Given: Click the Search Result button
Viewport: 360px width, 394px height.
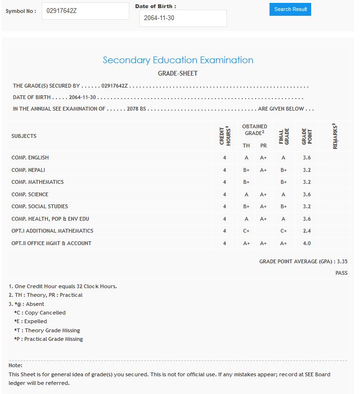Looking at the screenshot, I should pos(290,9).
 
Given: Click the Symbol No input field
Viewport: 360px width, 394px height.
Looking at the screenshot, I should pos(85,11).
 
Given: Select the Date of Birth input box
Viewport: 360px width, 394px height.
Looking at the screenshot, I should pos(183,18).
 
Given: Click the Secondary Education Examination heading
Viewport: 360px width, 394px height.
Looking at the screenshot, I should pos(178,60).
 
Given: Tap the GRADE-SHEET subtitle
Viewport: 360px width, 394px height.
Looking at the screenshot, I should pos(178,74).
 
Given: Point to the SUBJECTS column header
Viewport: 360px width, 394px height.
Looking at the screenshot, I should pos(24,136).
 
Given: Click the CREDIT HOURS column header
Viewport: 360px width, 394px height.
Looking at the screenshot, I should pos(225,136).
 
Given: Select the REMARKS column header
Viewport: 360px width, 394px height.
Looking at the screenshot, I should pos(335,136).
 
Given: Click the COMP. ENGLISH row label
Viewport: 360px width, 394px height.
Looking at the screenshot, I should pos(30,158).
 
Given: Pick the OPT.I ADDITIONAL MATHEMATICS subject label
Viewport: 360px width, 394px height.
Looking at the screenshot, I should pos(52,231).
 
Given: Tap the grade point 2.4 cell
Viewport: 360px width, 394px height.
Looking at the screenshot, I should pos(307,231).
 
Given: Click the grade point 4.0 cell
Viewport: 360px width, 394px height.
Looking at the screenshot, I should pos(307,243).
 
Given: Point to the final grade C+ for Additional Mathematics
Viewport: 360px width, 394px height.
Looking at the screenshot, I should pos(283,231).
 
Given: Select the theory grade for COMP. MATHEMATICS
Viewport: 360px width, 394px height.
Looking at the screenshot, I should pos(246,182).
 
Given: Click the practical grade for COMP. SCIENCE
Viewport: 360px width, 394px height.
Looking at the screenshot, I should pos(263,194).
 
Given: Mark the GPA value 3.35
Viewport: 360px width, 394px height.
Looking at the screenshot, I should pos(342,261).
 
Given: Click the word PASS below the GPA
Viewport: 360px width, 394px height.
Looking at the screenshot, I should pos(341,273).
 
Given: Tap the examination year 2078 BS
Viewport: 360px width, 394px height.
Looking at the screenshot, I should pos(136,109).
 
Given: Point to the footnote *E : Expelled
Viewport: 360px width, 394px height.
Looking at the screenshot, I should pos(31,321).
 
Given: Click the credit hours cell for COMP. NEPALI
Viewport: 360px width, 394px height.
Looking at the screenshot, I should pos(225,170).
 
